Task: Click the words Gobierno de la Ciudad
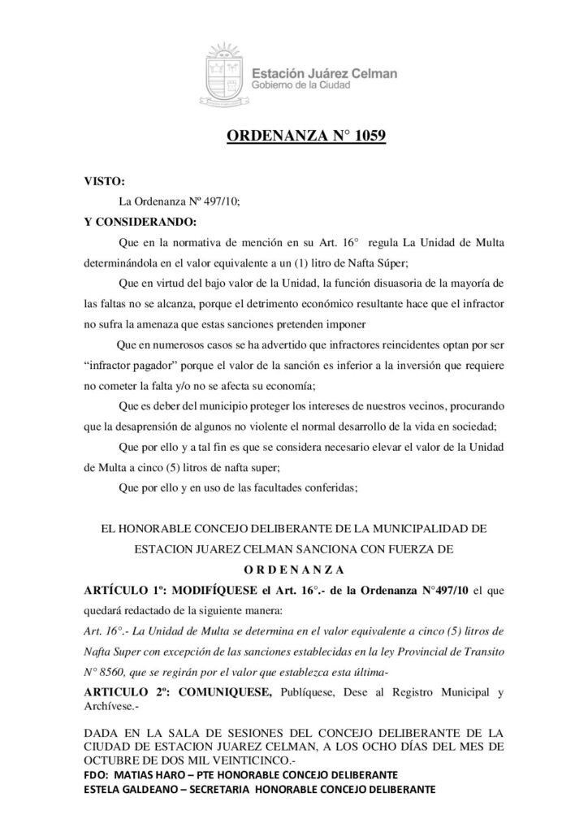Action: (300, 86)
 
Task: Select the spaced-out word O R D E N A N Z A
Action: (294, 570)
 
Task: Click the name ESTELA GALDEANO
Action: (132, 789)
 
